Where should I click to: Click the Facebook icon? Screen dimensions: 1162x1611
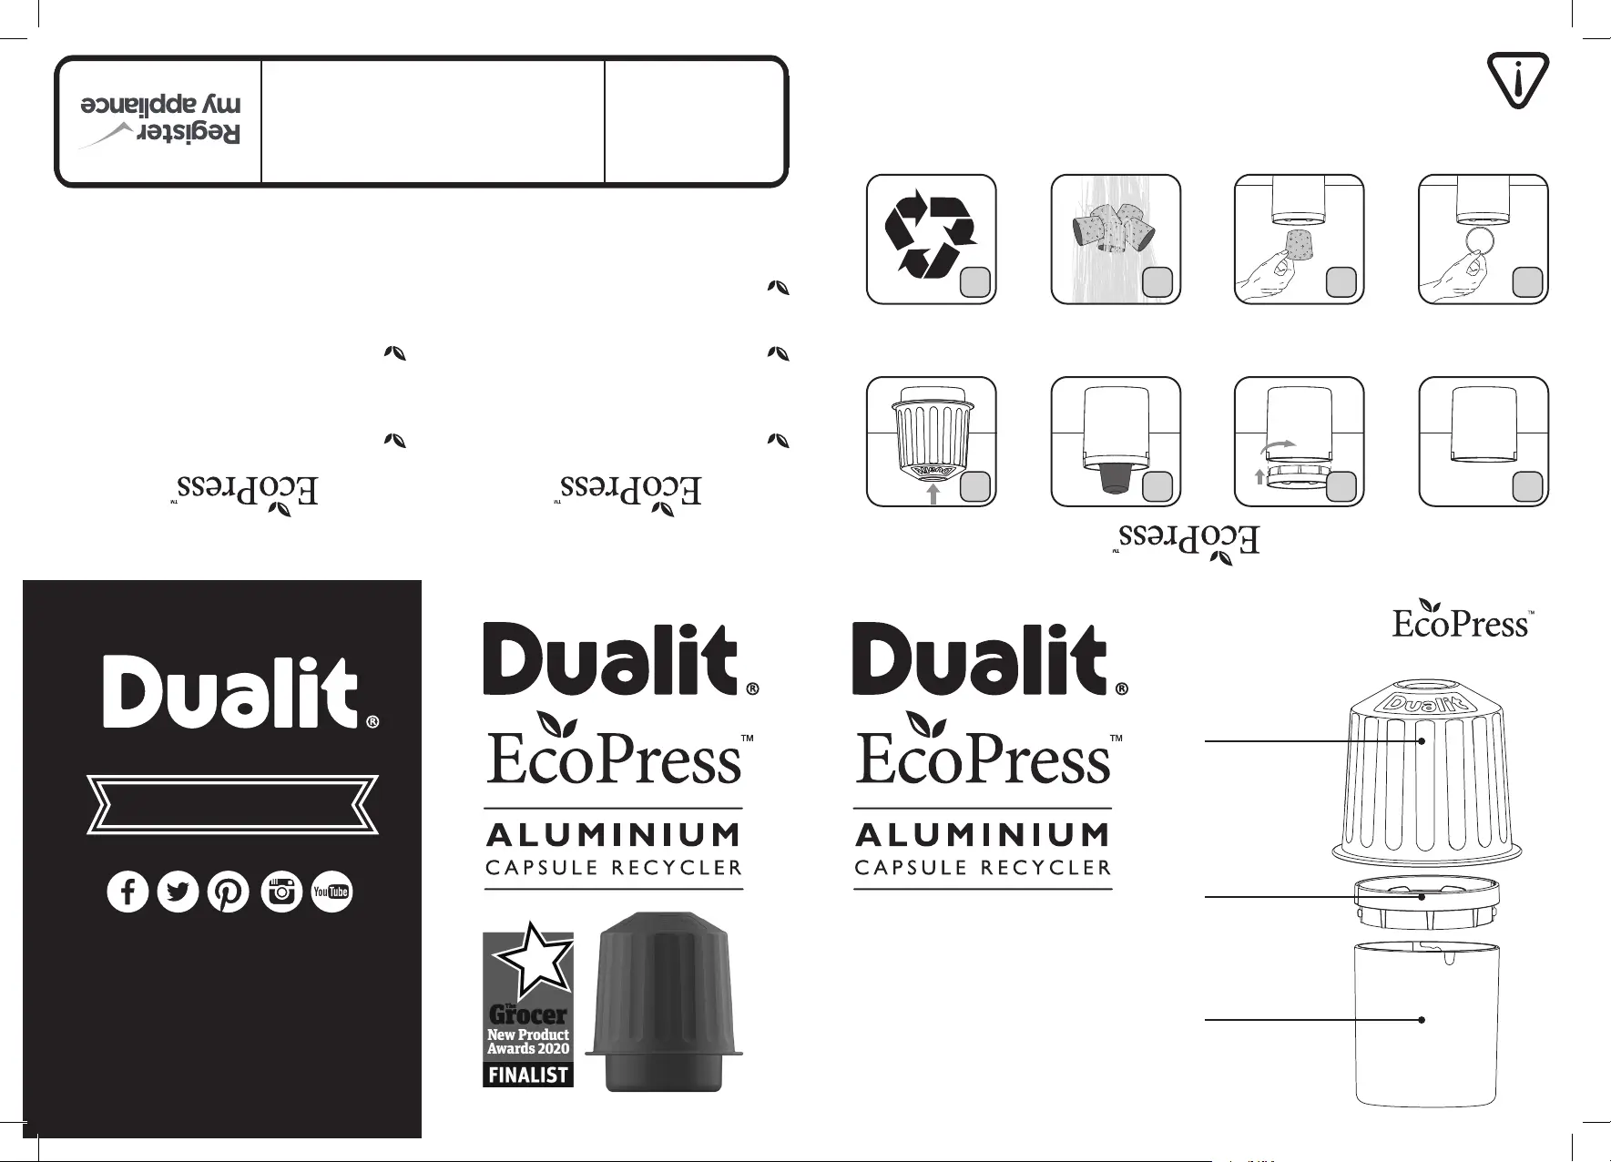tap(128, 892)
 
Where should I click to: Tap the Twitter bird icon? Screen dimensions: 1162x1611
tap(178, 892)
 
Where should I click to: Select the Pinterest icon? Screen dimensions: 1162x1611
tap(229, 892)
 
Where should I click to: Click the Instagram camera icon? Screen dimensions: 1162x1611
tap(282, 892)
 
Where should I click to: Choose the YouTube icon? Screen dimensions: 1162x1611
tap(331, 892)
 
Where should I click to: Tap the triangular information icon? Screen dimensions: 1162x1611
tap(1516, 81)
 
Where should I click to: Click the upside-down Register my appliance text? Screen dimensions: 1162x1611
tap(161, 119)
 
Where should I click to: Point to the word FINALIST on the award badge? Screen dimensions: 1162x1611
tap(528, 1075)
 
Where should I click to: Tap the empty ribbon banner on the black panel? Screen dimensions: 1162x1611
tap(232, 804)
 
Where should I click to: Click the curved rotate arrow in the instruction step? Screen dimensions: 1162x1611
tap(1278, 445)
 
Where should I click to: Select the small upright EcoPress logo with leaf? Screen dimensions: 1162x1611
tap(1461, 620)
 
